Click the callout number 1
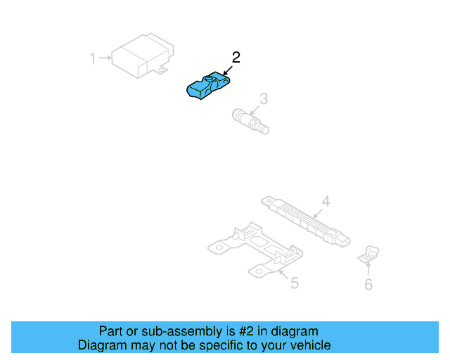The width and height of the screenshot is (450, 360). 92,58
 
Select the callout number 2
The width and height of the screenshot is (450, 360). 236,58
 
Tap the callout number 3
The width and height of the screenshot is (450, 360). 263,99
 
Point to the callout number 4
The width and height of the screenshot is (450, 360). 326,201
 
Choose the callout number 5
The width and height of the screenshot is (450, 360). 295,283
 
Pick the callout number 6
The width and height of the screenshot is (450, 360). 368,284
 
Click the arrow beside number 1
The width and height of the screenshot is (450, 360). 105,58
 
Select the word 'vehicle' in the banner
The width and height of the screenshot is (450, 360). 309,345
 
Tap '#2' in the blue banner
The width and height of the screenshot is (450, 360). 245,331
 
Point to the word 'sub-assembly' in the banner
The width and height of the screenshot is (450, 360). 171,331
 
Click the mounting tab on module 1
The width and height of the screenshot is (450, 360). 163,69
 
